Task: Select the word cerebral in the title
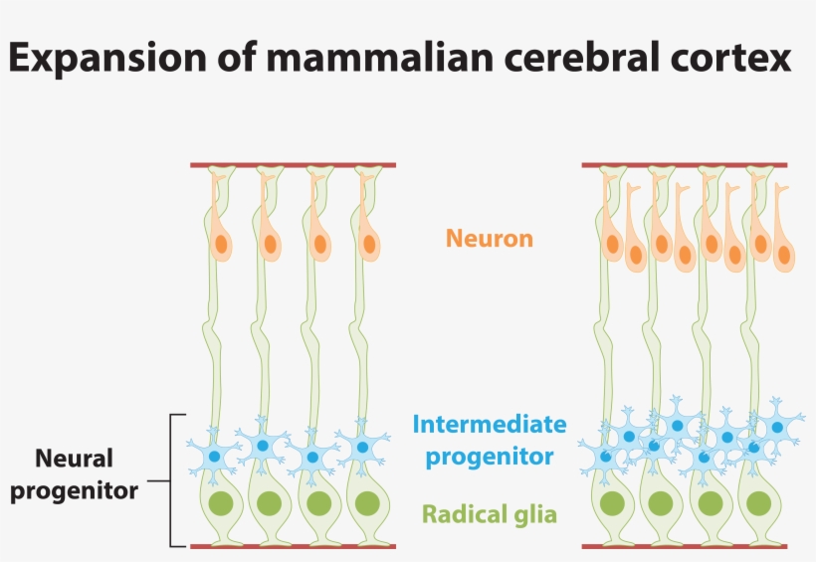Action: (579, 60)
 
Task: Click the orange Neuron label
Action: (489, 239)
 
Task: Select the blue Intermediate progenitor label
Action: (489, 441)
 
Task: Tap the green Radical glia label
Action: (489, 514)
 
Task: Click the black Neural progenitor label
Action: (75, 474)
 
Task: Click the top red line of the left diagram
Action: (293, 165)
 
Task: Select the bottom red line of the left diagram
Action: (293, 546)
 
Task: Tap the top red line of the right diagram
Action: (685, 165)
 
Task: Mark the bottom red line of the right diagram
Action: (685, 546)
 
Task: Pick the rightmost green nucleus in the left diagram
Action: (367, 503)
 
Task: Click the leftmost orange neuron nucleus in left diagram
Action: (221, 243)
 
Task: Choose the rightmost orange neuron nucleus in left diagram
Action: (369, 243)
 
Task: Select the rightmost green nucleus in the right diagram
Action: (759, 503)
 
